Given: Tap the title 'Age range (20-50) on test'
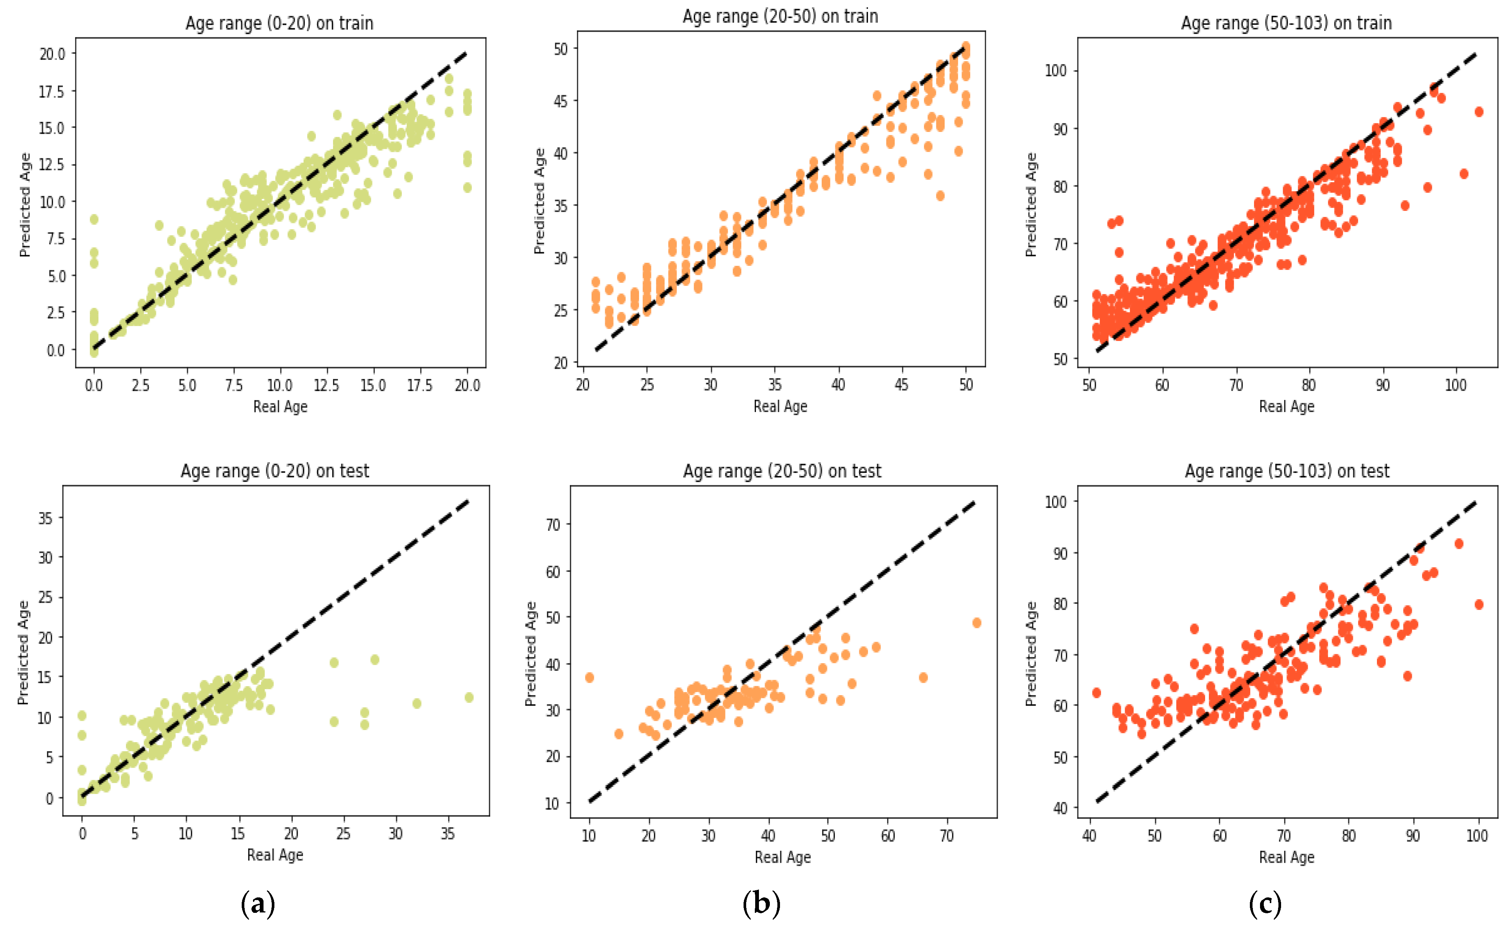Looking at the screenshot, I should click(782, 471).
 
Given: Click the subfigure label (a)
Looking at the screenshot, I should click(257, 903).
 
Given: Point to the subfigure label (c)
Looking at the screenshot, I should click(1265, 903).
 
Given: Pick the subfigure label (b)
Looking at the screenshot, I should click(761, 903).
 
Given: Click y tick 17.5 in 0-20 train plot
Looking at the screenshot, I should click(51, 92).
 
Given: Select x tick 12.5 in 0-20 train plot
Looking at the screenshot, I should click(326, 385).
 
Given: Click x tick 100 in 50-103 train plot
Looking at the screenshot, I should click(1455, 385).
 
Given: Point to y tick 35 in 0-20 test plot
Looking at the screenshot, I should click(45, 518).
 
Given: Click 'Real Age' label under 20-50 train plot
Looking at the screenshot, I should click(780, 406).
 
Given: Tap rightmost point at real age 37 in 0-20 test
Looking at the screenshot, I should click(469, 697).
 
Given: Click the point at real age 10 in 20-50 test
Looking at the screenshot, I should click(589, 678).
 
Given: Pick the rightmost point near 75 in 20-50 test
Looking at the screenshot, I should click(976, 623).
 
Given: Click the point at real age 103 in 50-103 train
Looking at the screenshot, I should click(1479, 112).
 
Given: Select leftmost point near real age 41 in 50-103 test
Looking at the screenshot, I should click(1097, 693).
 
